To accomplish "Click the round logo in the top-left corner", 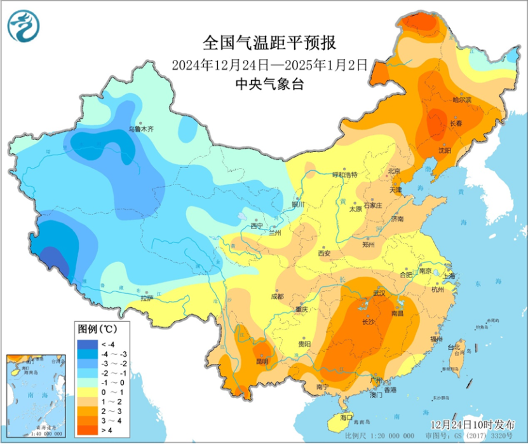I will pos(24,26).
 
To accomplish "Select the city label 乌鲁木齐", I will pos(141,129).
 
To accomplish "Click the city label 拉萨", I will pos(147,297).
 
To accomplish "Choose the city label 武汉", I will pos(381,293).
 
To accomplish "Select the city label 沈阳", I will pos(444,150).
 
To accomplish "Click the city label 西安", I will pos(324,253).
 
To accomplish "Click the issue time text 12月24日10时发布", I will pos(466,422).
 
